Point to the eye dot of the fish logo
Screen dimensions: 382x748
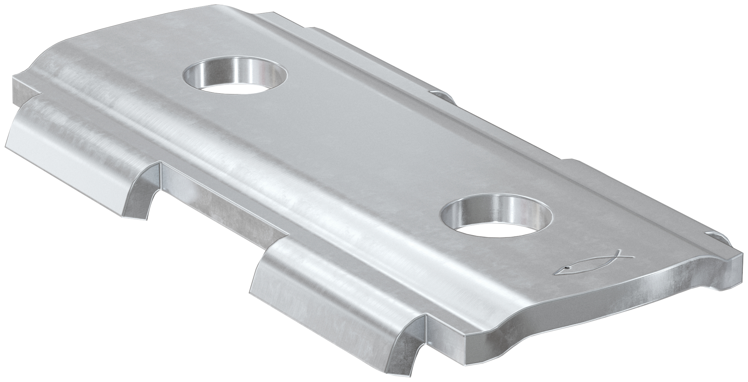pos(567,267)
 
